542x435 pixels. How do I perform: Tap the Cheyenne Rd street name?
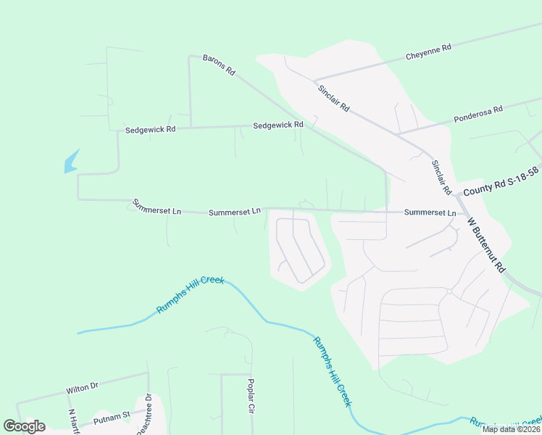[428, 50]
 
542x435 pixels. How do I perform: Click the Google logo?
[25, 426]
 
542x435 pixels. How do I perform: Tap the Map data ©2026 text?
[510, 429]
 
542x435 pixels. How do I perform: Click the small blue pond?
[71, 162]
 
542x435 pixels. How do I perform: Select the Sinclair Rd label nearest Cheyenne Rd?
[333, 97]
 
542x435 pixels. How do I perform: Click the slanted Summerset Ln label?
[156, 207]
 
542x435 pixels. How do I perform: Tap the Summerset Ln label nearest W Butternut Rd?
[430, 212]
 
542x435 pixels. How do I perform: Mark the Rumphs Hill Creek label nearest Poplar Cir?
[333, 371]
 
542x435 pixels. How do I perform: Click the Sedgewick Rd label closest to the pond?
[150, 130]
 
